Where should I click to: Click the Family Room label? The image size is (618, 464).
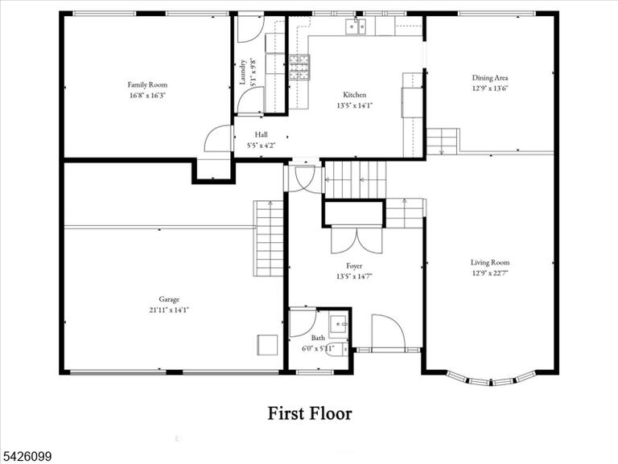point(147,84)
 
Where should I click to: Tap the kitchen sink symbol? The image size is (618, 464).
point(356,26)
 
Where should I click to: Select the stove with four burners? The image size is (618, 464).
point(299,68)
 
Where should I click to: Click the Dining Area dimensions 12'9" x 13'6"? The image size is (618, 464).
point(490,88)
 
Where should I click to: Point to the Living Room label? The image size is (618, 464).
point(490,262)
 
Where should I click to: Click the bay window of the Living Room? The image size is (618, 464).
point(491,379)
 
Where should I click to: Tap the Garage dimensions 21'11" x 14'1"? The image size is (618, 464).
point(169,310)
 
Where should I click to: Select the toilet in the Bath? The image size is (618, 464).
point(336,348)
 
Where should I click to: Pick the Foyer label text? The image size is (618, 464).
point(354,266)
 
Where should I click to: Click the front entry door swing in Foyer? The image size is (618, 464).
point(388,331)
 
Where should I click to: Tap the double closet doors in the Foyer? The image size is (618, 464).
point(356,240)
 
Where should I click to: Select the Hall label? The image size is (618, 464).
point(261,135)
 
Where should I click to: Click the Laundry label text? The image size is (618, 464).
point(243,72)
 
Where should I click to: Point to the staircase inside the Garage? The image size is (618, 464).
point(269,238)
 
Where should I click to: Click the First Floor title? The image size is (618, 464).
point(310,413)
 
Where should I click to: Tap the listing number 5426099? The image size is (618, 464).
point(26,457)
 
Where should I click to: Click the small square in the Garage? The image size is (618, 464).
point(268,345)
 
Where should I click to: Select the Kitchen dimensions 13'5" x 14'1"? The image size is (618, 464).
point(355,105)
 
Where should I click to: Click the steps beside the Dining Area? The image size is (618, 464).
point(443,141)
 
